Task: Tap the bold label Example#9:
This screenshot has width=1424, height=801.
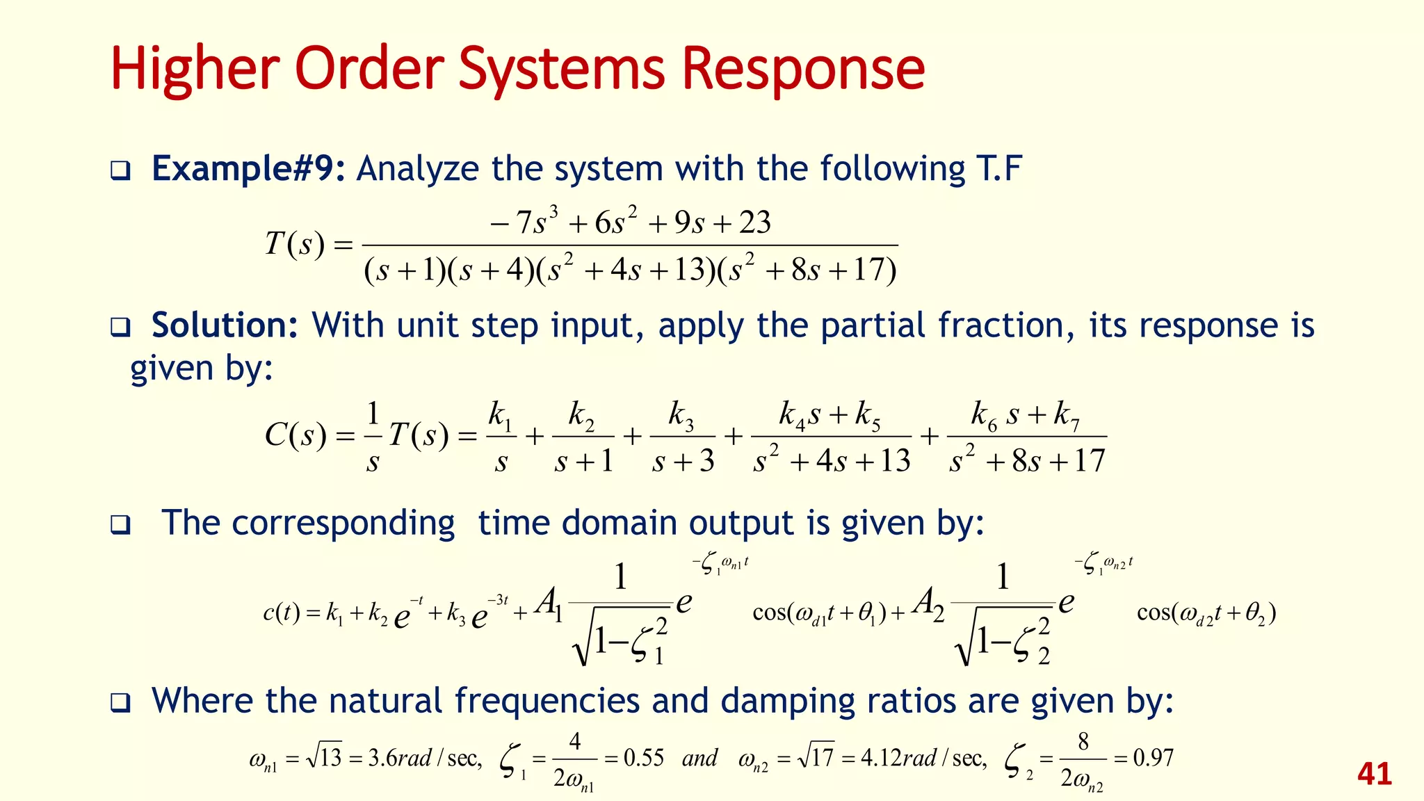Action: [x=248, y=169]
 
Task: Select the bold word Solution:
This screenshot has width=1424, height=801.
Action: [x=225, y=325]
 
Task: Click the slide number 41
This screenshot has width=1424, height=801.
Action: [x=1374, y=774]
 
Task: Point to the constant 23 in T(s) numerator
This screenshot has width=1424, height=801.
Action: [x=754, y=222]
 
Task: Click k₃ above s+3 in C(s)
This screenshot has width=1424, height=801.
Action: [x=681, y=415]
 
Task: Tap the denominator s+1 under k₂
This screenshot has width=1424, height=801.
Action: [x=583, y=461]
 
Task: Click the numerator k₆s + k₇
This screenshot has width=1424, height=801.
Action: [x=1026, y=415]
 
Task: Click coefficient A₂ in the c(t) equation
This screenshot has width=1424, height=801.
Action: [x=929, y=602]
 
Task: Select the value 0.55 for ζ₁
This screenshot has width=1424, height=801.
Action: [x=644, y=757]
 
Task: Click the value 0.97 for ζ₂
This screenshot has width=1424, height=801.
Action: [x=1153, y=757]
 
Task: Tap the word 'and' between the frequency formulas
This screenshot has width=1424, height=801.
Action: [x=699, y=757]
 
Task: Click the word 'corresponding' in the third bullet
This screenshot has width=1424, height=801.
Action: [x=343, y=523]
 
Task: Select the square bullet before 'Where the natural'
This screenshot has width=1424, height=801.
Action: [x=120, y=702]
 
